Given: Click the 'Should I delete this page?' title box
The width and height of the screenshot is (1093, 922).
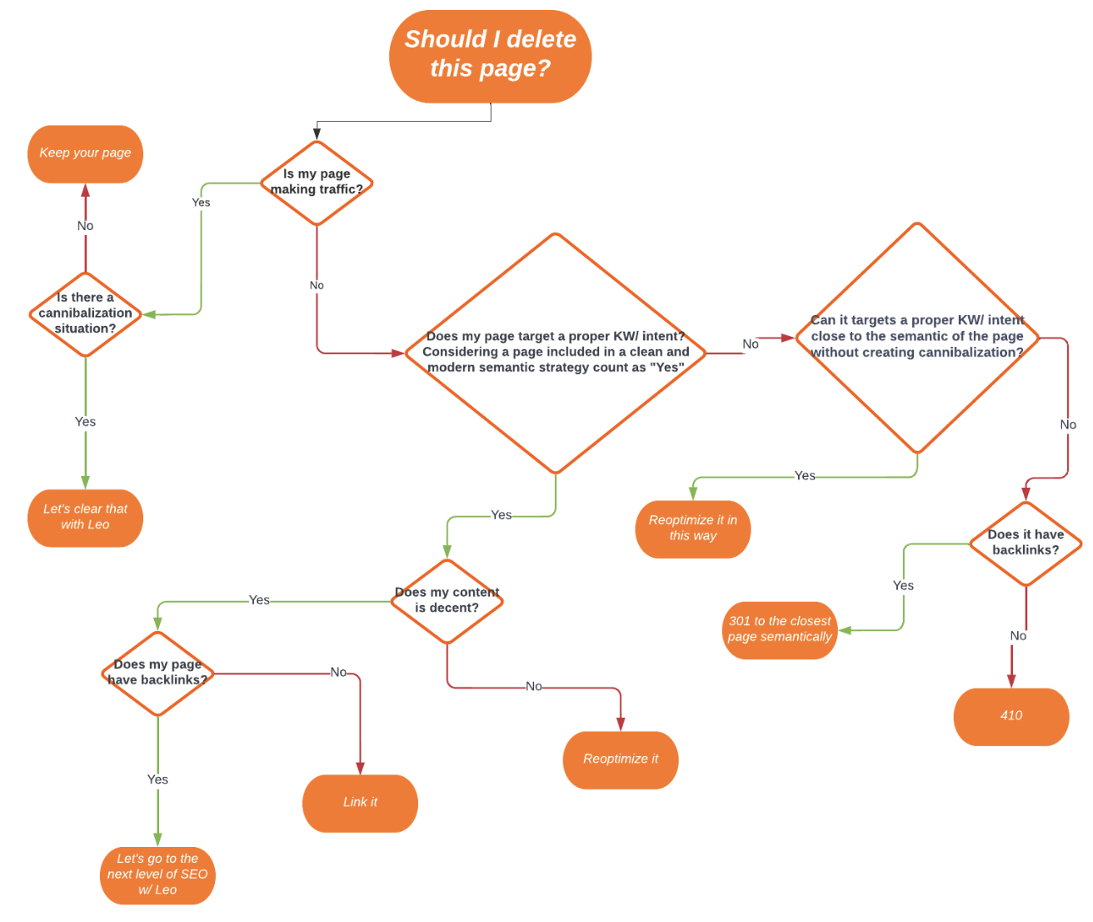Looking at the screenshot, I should coord(490,56).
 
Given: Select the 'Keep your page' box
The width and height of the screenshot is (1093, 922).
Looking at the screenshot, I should coord(85,153).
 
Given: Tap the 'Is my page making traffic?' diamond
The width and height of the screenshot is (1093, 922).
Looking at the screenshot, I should coord(317,183).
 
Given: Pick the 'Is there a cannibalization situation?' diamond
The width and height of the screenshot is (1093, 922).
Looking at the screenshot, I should coord(85,313).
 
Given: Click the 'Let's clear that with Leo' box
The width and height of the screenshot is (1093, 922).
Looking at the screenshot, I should coord(85,518).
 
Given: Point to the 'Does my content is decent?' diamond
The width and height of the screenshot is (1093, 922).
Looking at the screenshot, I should coord(447,600).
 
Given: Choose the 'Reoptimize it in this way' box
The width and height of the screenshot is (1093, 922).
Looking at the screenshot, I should coord(692,529).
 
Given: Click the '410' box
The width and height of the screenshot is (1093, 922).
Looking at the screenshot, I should coord(1011,716).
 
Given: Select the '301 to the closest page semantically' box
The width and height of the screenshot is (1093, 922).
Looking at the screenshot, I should coord(780,630).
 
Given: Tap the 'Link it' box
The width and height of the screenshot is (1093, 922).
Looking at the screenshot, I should coord(360,803).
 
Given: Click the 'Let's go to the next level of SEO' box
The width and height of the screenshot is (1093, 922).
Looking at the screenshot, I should coord(157,874).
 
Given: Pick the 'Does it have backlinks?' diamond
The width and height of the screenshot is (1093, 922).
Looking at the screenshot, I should coord(1026,544).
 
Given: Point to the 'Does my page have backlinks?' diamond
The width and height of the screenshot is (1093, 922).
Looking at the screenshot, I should coord(157,673).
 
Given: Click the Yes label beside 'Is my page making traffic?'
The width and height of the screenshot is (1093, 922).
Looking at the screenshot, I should coord(201,203).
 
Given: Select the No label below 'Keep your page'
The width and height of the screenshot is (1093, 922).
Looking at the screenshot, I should coord(85,226).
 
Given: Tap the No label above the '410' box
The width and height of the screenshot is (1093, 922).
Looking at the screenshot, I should coord(1018,636).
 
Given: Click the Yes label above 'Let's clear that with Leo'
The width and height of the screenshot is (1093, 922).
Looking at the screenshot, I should coord(85,422).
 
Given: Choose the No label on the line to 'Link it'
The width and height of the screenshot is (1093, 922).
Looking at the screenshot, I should coord(338,672).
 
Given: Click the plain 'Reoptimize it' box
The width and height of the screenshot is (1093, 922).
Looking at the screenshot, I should coord(620,759).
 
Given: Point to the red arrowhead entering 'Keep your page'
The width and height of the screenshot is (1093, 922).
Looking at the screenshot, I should coord(85,191).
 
